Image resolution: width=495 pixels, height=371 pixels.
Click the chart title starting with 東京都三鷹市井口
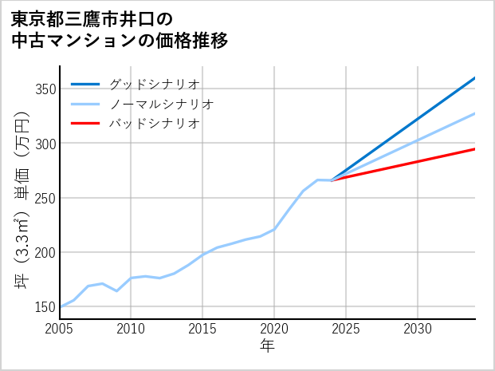point(120,29)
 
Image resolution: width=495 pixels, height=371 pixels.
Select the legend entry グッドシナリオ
point(154,84)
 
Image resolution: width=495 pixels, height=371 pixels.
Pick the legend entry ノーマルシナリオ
point(161,104)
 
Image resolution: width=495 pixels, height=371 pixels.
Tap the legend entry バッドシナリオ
point(154,124)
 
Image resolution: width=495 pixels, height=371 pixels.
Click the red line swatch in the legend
point(85,124)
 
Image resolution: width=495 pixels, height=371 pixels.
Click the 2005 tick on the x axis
point(60,329)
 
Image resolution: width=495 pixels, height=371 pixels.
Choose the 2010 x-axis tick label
point(131,329)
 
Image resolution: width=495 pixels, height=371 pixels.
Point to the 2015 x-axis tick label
point(202,329)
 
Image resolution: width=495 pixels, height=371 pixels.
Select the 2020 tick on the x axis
point(274,329)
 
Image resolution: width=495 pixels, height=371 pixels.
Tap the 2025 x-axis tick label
point(346,329)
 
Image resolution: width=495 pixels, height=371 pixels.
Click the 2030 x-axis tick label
point(418,329)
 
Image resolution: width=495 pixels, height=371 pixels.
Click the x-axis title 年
point(268,346)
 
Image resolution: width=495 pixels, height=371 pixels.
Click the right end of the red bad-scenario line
point(474,149)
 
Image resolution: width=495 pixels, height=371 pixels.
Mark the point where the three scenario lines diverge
point(332,180)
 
